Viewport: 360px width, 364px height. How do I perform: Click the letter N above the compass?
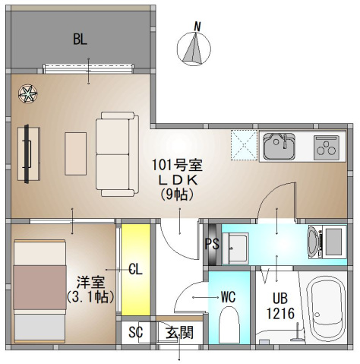point(197,27)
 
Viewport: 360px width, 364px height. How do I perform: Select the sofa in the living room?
point(115,152)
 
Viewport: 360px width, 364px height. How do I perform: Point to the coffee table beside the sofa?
point(76,150)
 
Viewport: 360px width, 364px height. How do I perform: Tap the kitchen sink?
point(279,146)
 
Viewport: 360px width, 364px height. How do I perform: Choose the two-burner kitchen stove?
point(330,146)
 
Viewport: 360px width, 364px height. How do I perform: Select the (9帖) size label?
point(178,195)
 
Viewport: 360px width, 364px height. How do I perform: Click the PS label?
point(211,244)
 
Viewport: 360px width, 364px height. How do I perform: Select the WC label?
point(229,296)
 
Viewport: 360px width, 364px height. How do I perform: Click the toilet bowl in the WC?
point(229,327)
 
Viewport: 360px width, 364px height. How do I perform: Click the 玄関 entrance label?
point(179,331)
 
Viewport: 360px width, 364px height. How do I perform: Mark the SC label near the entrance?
point(136,332)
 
